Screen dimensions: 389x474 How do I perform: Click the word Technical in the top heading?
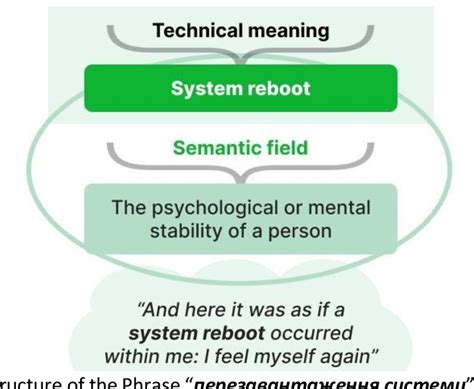[189, 32]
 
